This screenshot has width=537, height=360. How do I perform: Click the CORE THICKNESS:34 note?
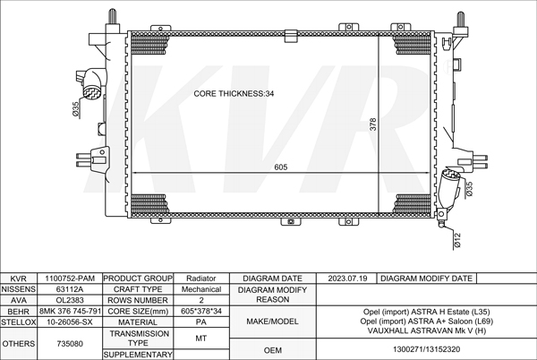click(234, 93)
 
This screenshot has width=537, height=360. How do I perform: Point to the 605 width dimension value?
click(281, 167)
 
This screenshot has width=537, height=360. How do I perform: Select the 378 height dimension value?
click(372, 124)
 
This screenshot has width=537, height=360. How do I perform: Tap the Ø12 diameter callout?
click(458, 240)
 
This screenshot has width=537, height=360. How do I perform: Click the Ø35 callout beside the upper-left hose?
click(76, 108)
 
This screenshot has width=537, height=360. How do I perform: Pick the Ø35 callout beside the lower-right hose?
click(469, 189)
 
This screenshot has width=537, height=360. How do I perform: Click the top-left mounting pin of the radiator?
click(113, 17)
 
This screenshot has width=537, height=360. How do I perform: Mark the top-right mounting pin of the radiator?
click(460, 20)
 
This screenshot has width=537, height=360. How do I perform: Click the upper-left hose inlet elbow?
click(92, 83)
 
